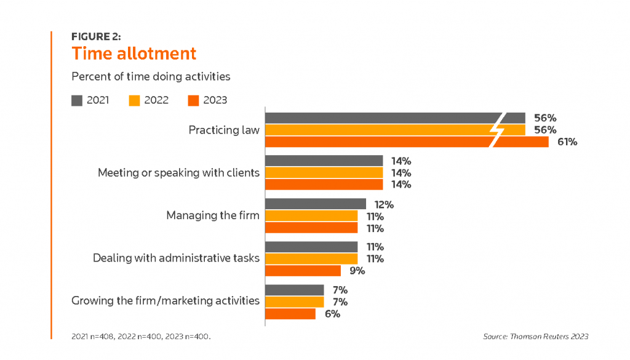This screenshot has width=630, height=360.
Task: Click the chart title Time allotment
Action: [134, 54]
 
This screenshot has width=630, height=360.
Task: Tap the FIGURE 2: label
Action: [96, 36]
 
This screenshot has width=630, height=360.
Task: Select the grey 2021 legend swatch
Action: [77, 100]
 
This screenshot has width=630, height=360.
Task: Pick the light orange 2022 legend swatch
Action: [135, 100]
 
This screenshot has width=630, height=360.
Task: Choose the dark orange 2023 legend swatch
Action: [193, 100]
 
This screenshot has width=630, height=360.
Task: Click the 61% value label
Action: [567, 142]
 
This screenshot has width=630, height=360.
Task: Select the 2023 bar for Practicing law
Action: [406, 142]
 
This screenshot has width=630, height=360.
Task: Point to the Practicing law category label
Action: [224, 130]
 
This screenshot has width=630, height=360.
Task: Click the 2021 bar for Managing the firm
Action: [315, 204]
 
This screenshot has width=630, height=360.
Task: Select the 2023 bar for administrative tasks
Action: [303, 271]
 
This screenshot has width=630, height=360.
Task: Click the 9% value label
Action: [356, 271]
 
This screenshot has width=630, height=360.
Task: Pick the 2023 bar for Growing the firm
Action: [290, 314]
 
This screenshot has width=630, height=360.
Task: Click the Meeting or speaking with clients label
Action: [178, 172]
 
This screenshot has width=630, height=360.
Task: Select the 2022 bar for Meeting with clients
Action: [324, 172]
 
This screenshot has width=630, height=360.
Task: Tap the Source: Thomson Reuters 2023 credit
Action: [536, 337]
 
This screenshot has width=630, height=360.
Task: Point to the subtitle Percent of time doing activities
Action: [151, 77]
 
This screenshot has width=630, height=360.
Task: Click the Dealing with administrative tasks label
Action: [176, 258]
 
